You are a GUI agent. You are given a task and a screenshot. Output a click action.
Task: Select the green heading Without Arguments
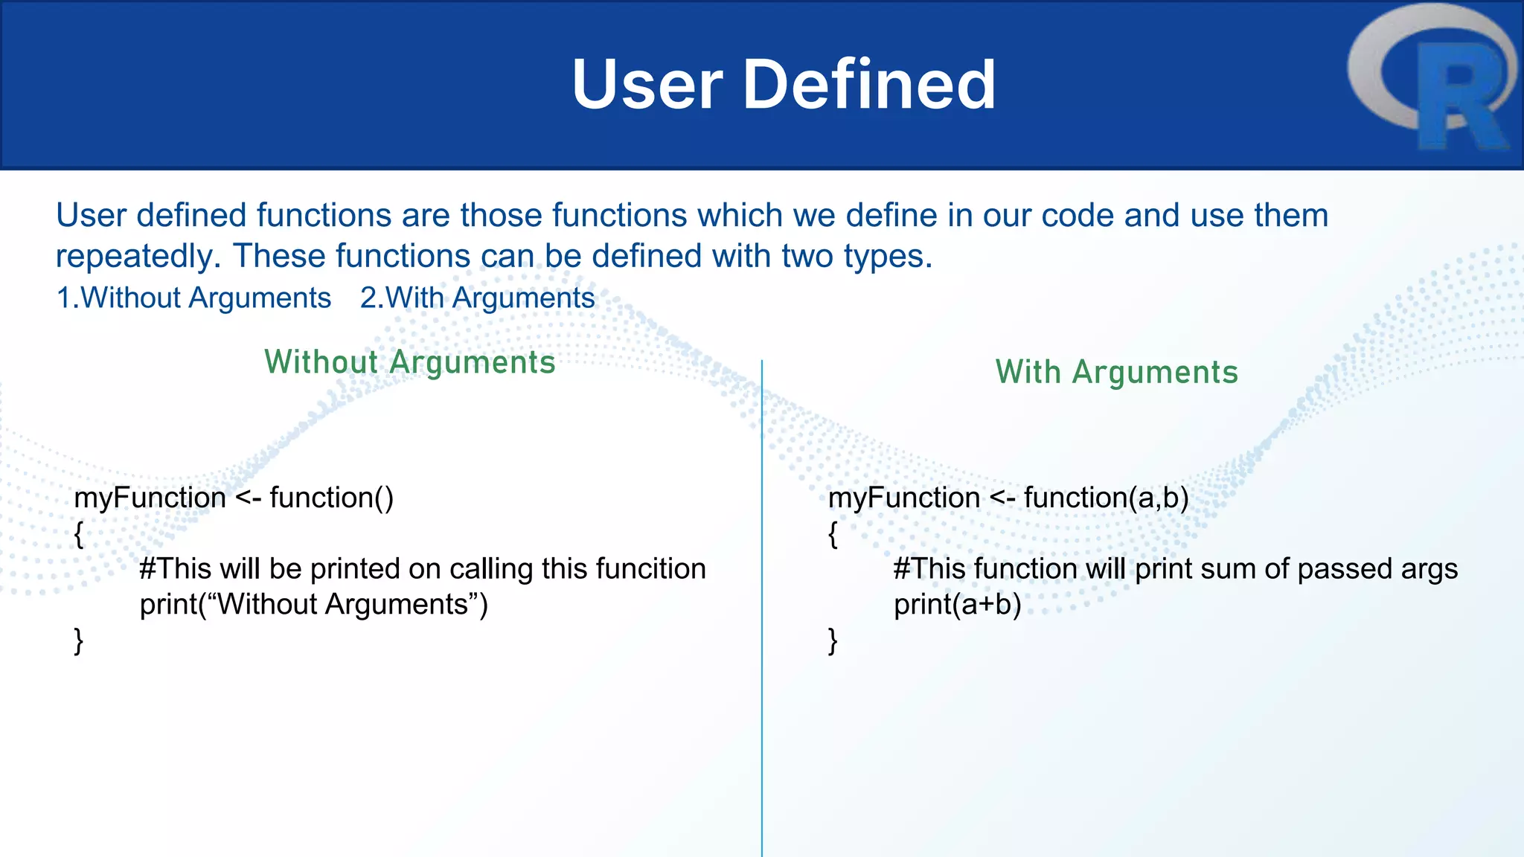click(410, 362)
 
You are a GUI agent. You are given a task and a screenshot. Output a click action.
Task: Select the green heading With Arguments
click(1116, 372)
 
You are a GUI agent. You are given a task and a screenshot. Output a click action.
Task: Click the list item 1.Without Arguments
click(193, 298)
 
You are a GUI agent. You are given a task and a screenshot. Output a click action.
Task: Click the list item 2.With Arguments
click(477, 298)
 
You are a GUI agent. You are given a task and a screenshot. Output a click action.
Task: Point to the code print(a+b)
click(957, 604)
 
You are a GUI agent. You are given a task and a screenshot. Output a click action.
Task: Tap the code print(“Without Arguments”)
click(313, 604)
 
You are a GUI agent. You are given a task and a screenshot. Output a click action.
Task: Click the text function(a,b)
click(1106, 497)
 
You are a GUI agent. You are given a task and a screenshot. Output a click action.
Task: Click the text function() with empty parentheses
click(331, 497)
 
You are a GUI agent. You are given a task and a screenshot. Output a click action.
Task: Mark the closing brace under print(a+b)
click(833, 640)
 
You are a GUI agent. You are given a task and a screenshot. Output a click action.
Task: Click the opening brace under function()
click(79, 533)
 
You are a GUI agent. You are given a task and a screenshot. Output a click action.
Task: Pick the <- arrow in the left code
click(248, 497)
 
